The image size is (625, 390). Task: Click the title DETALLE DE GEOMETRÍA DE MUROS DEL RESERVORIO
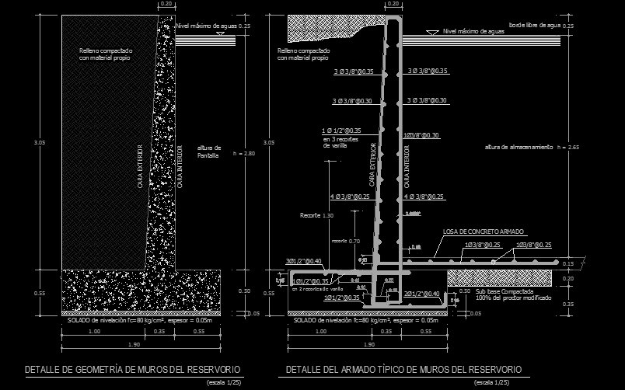click(x=133, y=369)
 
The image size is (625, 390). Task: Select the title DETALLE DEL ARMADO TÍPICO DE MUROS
click(x=403, y=369)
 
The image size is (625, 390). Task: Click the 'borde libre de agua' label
click(x=534, y=25)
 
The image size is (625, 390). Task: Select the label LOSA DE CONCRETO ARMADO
click(x=484, y=232)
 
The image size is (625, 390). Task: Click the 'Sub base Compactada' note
click(x=502, y=291)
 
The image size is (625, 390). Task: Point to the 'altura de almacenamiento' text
click(x=518, y=147)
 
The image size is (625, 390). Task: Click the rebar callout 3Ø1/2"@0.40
click(x=303, y=260)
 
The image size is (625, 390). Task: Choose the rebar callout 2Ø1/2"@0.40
click(x=422, y=293)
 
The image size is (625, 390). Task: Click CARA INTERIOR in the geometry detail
click(x=180, y=167)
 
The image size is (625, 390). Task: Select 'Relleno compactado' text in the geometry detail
click(x=106, y=50)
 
